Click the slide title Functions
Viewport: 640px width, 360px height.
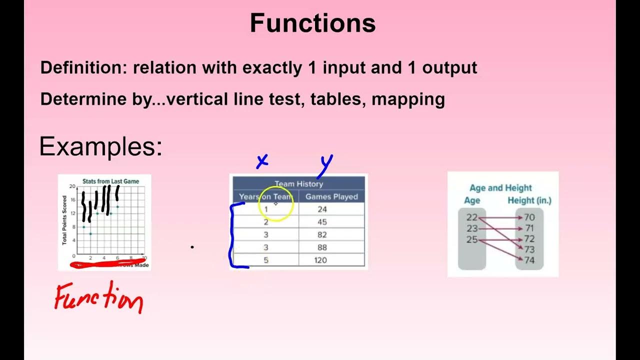pos(312,23)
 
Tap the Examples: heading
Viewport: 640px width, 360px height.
pos(100,147)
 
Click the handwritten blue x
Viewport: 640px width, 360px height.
pos(262,161)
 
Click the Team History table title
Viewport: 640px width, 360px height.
pos(298,184)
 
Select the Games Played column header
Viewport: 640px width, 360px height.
pos(331,196)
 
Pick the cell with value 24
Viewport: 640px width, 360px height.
pos(322,209)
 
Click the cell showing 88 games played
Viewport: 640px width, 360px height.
pos(322,247)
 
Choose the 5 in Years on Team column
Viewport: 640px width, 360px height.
pos(266,259)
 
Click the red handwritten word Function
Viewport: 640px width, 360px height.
pos(98,298)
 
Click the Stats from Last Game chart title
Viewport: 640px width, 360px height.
pos(110,181)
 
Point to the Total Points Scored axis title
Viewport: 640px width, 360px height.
pos(64,220)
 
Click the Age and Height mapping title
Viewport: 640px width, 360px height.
pos(500,188)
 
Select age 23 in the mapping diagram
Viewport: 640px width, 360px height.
pos(472,228)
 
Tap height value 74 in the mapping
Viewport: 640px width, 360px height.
pos(529,260)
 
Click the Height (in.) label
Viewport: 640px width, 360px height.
pos(529,200)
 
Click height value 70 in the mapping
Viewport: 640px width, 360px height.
pos(529,217)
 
